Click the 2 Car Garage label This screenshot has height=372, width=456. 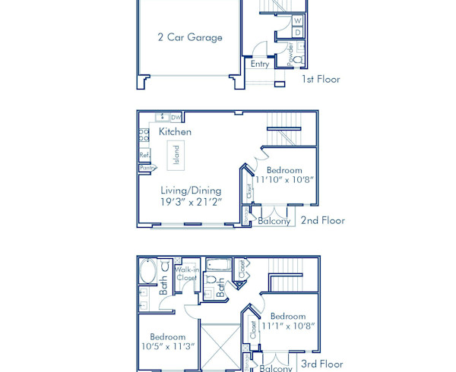(x=190, y=37)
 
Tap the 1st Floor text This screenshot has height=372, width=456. (x=321, y=79)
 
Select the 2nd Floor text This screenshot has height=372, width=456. (x=322, y=220)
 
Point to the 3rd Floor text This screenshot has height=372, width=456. (x=322, y=364)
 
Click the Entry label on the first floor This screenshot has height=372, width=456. (x=260, y=64)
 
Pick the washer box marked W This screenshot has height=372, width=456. (x=297, y=20)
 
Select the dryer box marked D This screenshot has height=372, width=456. (x=297, y=33)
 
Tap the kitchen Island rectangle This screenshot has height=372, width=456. (x=176, y=154)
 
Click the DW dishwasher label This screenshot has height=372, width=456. (x=176, y=118)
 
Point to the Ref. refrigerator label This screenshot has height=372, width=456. (x=144, y=155)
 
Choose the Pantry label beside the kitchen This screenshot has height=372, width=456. (x=147, y=168)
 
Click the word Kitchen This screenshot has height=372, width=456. (x=175, y=131)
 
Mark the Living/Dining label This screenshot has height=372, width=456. (x=191, y=191)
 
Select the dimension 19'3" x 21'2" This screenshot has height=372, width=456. (x=191, y=202)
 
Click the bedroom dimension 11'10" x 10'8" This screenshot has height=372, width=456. (x=284, y=181)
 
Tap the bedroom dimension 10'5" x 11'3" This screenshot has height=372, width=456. (x=167, y=346)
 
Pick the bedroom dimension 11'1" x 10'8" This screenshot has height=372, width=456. (x=288, y=326)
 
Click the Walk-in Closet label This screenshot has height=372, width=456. (x=186, y=273)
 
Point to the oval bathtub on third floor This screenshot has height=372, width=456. (x=147, y=271)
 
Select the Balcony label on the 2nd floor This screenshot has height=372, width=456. (x=274, y=221)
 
